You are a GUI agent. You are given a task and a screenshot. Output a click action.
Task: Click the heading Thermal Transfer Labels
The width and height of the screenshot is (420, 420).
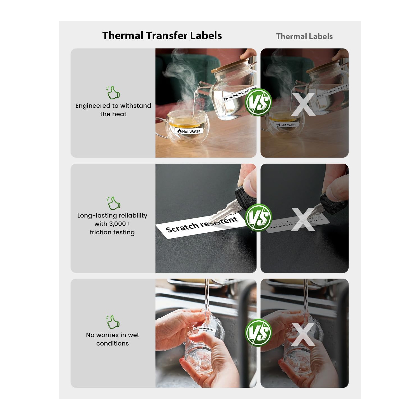pos(162,36)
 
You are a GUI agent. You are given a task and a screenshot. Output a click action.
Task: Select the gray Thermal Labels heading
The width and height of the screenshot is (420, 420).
pos(304,36)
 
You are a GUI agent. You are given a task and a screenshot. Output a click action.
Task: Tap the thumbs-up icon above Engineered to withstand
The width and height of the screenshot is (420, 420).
pos(113,92)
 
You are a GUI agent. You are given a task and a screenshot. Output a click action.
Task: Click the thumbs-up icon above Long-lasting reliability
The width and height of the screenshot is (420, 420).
pos(114,203)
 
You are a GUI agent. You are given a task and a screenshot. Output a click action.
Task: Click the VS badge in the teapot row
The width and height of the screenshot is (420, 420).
pos(258,102)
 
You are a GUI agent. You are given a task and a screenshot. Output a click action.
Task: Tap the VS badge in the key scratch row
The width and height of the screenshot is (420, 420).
pos(258,218)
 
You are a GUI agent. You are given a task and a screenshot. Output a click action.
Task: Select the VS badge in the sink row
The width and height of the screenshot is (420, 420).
pos(258,333)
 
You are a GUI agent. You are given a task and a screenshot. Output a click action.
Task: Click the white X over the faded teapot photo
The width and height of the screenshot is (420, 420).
pos(303,104)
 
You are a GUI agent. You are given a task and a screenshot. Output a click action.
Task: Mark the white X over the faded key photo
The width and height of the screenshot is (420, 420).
pos(303,220)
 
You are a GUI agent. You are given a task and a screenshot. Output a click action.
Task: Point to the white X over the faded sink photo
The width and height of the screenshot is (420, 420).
pos(303,334)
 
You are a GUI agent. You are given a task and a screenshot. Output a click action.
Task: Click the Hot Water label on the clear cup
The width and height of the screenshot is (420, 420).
pos(189,131)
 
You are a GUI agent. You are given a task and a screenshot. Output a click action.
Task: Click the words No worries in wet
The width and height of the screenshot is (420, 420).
pos(113,335)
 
